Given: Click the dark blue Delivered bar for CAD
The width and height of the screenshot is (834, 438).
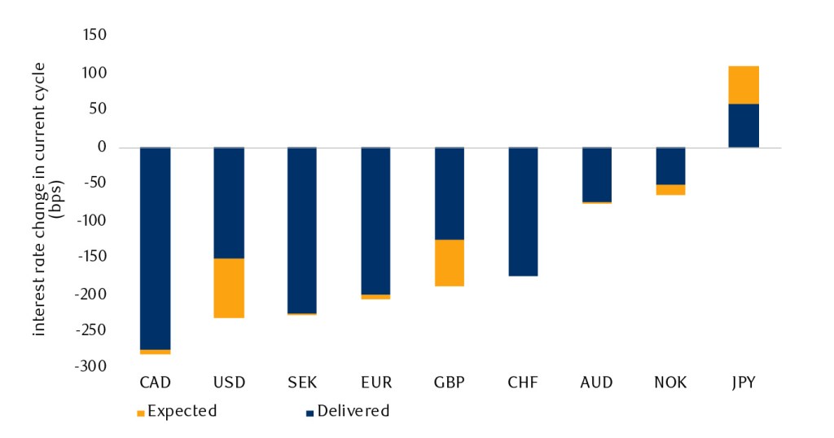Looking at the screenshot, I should point(155,248).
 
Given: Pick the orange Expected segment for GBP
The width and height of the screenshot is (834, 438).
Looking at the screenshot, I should point(449,263).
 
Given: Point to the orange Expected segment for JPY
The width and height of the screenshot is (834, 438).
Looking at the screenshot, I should point(744,85).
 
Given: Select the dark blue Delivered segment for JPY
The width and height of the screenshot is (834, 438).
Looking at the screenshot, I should point(744,126).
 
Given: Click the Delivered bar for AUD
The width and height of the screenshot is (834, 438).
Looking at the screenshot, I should point(596,174).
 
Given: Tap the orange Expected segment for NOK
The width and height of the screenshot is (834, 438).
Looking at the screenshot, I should point(670,190).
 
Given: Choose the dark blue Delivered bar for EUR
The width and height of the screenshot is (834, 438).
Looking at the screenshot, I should point(375,221).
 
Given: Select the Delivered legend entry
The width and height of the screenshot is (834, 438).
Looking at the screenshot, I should point(348,411).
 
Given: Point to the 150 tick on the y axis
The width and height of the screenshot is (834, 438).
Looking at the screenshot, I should point(95,36).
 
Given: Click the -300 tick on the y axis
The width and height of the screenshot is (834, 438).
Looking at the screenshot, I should point(92,367).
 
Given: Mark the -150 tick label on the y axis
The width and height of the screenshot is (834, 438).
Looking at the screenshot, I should point(92,257).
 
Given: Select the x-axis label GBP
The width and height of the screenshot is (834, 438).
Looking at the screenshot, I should point(449,383).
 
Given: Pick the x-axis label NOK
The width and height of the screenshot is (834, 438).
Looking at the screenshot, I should point(670,383).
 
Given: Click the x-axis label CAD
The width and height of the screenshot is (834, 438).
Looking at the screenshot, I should point(155,383).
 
